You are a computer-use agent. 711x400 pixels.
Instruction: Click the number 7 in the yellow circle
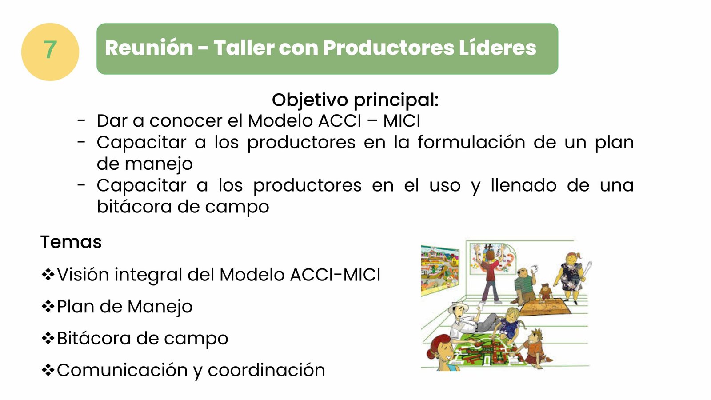(50, 50)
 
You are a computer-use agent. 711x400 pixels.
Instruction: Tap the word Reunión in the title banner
(149, 48)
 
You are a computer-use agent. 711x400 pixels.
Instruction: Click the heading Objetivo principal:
(355, 100)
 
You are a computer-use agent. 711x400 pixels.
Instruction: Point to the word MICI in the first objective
(402, 121)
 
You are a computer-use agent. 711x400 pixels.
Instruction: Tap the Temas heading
(71, 242)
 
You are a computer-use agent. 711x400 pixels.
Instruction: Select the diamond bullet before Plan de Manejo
(48, 306)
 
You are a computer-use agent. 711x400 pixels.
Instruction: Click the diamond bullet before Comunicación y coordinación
(48, 370)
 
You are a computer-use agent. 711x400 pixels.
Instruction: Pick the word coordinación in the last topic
(266, 370)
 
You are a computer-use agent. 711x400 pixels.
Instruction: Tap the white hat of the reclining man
(458, 307)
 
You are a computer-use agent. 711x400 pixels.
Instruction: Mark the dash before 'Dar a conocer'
(81, 120)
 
